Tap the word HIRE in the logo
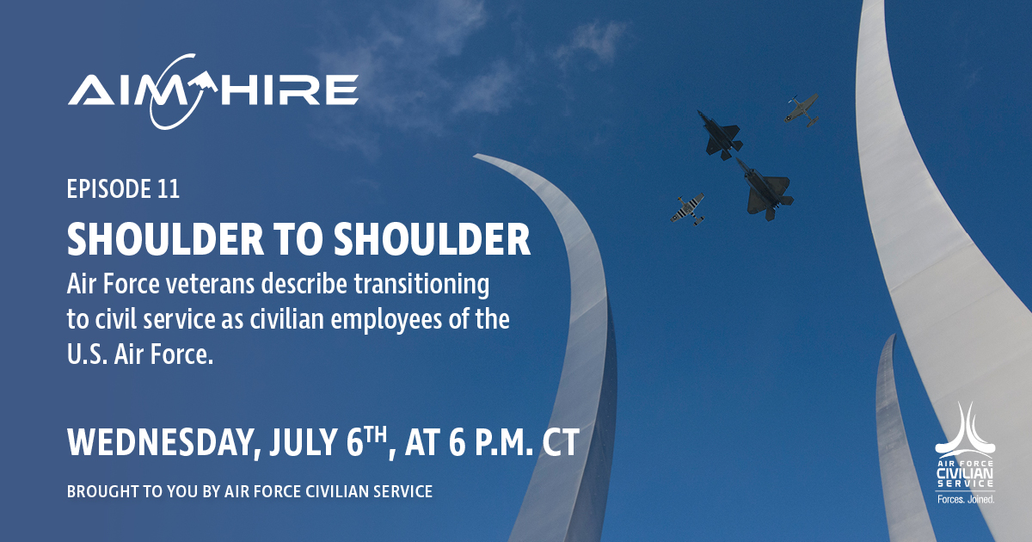tap(289, 89)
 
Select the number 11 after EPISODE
tap(169, 189)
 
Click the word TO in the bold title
tap(298, 239)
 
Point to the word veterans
tap(210, 284)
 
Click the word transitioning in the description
tap(421, 286)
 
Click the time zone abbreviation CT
tap(560, 442)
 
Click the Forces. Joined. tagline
tap(966, 499)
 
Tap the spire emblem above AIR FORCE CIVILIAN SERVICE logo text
tap(965, 428)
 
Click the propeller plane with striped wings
tap(687, 209)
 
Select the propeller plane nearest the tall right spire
tap(802, 110)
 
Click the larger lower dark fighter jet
tap(765, 189)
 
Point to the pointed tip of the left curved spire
tap(475, 157)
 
